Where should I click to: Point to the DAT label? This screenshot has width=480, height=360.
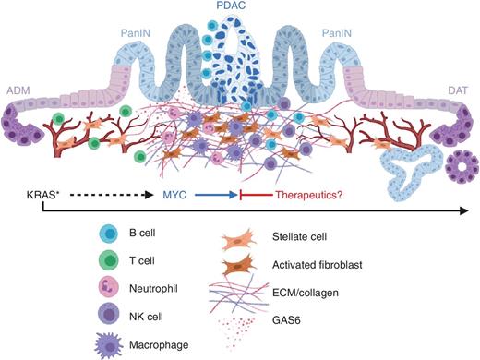coord(458,90)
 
